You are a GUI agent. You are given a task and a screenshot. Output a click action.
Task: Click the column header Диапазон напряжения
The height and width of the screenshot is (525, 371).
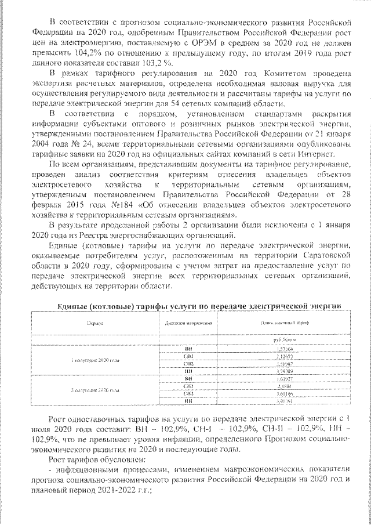coord(188,323)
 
